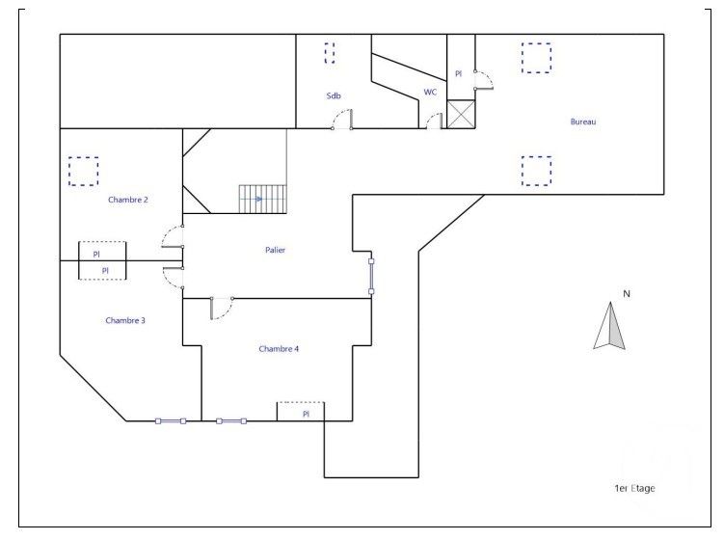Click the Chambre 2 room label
click(x=127, y=200)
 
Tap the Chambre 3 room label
click(x=125, y=320)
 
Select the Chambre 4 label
click(x=279, y=348)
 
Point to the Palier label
click(x=276, y=250)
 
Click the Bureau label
click(x=584, y=121)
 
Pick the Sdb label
click(x=334, y=94)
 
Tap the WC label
click(x=430, y=93)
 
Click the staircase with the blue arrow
click(x=263, y=199)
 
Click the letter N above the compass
click(x=626, y=293)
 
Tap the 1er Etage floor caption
click(x=634, y=488)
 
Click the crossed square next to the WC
click(x=461, y=114)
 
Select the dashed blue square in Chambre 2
click(x=84, y=171)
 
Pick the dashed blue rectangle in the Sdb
click(x=330, y=52)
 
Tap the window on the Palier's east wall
click(x=371, y=275)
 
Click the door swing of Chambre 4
click(x=221, y=307)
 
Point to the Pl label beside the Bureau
click(x=459, y=73)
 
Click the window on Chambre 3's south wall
click(x=171, y=420)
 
